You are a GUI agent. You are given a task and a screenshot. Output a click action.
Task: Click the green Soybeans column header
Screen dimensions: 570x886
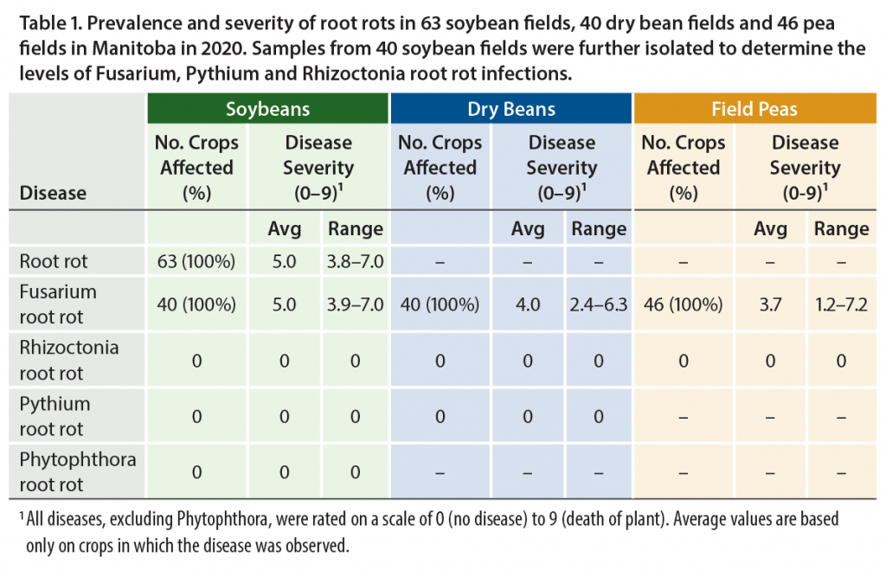267,109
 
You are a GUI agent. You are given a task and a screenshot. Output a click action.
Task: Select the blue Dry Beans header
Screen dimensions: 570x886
511,109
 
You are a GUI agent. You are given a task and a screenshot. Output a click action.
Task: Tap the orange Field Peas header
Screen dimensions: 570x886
754,109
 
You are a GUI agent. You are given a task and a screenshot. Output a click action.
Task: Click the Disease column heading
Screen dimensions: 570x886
53,193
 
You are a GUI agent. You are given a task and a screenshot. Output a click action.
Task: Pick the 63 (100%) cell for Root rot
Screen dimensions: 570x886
197,259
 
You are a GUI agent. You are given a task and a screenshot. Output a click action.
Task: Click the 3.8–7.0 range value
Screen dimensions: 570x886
355,259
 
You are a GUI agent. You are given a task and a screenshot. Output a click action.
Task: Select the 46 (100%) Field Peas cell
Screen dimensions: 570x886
684,304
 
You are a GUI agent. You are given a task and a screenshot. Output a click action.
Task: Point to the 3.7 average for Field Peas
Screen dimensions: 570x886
770,304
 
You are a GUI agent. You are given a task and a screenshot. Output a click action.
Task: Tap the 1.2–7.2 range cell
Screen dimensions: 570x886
841,304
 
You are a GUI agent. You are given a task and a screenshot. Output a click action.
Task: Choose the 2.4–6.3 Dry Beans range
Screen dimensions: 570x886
598,304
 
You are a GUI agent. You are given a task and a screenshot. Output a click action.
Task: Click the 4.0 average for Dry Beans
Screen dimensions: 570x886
528,304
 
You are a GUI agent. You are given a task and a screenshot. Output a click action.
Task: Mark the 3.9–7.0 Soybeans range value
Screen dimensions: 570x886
355,304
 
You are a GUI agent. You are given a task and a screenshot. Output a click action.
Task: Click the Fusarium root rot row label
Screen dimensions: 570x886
58,304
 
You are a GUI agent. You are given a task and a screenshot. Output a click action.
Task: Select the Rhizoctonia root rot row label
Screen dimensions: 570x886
69,361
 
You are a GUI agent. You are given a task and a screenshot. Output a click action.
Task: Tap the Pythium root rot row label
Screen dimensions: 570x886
55,416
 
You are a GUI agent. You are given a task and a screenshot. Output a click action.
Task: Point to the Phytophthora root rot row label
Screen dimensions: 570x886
78,471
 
